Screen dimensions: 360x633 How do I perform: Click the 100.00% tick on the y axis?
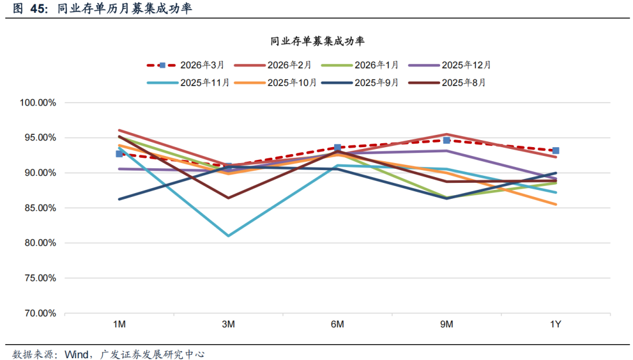pyautogui.click(x=38, y=103)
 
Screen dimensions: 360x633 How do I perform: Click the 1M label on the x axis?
pyautogui.click(x=119, y=325)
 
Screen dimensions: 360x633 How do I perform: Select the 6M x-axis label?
pyautogui.click(x=338, y=325)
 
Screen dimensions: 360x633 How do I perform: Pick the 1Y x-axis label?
pyautogui.click(x=556, y=325)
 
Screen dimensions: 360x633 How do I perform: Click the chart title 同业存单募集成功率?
pyautogui.click(x=318, y=41)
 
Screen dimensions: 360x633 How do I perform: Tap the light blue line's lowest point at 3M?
pyautogui.click(x=228, y=236)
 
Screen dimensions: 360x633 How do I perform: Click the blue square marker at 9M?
pyautogui.click(x=447, y=140)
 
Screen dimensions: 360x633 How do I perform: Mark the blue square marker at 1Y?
pyautogui.click(x=556, y=151)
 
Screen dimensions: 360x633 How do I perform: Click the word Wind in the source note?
pyautogui.click(x=76, y=354)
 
